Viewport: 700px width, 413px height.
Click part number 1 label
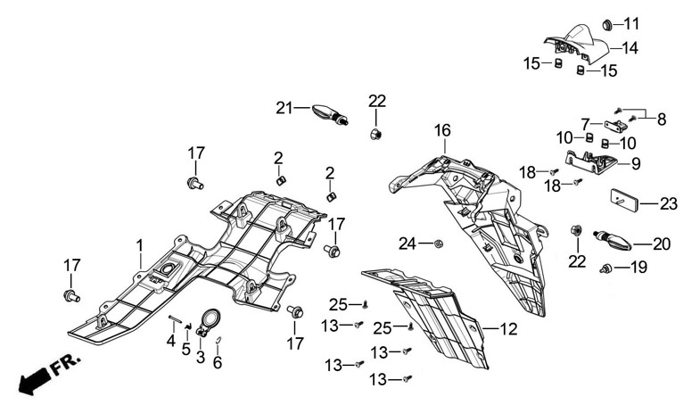coord(139,244)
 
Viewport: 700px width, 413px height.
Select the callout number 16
coord(442,131)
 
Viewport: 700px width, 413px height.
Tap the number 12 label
coord(507,329)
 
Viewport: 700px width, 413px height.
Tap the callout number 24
coord(407,244)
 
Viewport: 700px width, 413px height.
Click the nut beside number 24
coord(438,243)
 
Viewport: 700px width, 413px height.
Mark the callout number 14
coord(630,48)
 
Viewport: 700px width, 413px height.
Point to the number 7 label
coord(586,124)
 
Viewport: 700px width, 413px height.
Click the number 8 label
coord(661,119)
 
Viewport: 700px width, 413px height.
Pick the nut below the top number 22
coord(376,135)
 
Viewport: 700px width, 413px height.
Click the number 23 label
coord(668,204)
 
